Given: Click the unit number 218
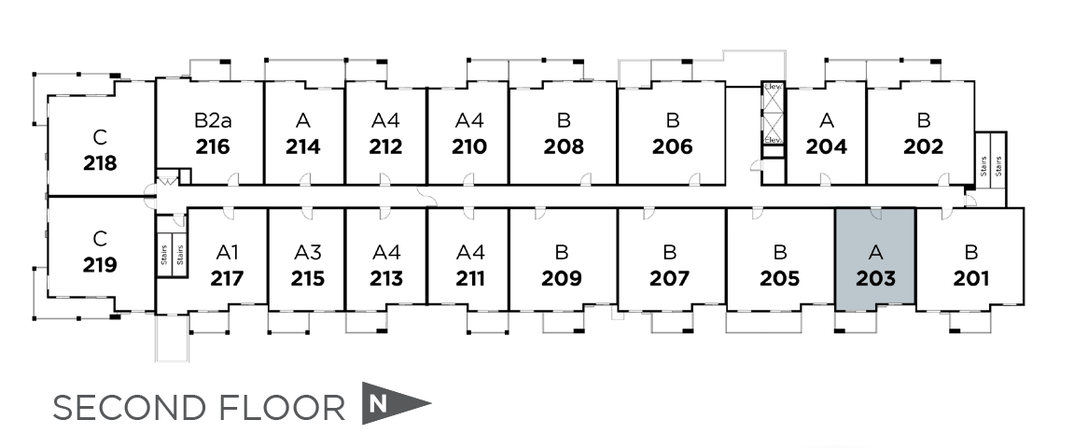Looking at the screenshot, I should click(x=100, y=162).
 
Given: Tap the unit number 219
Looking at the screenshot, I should click(x=100, y=264).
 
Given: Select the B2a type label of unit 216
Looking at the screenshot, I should click(x=213, y=120).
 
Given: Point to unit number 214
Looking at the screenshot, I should click(x=303, y=147).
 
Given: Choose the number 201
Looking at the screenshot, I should click(x=971, y=278).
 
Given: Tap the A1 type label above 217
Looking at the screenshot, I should click(x=228, y=252).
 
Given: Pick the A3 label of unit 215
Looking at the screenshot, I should click(x=308, y=252).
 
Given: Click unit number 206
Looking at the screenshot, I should click(x=672, y=147).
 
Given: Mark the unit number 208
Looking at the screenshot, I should click(x=564, y=147).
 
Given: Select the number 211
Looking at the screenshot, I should click(x=470, y=278).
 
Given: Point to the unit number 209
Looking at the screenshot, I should click(x=562, y=278).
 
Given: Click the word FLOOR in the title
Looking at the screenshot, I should click(x=292, y=408).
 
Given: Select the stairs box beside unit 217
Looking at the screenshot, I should click(x=172, y=250).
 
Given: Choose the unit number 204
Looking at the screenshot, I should click(x=827, y=147).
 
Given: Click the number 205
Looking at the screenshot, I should click(x=779, y=278).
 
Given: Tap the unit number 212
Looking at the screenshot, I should click(x=385, y=147).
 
